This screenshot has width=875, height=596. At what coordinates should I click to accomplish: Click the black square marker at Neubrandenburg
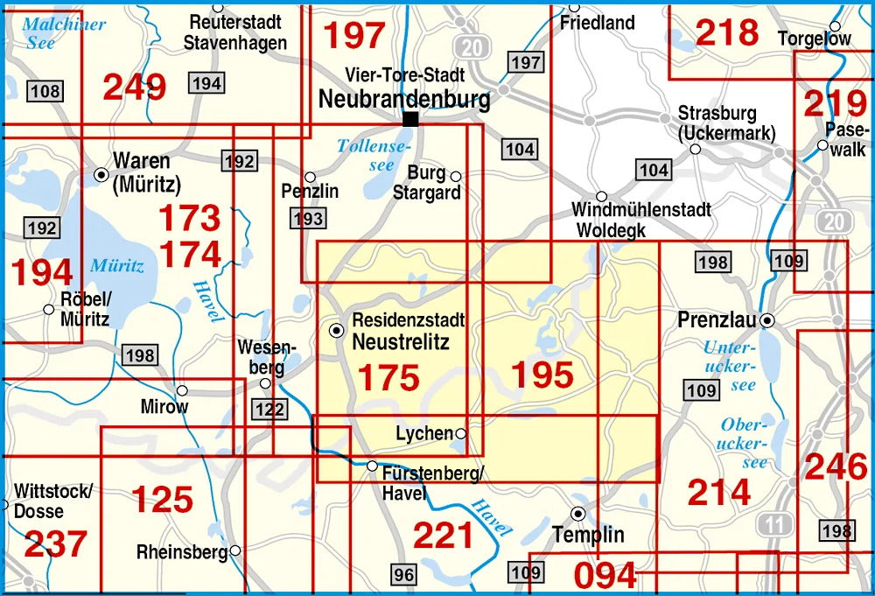pyautogui.click(x=409, y=118)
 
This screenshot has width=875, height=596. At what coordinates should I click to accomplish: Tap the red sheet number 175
pyautogui.click(x=389, y=377)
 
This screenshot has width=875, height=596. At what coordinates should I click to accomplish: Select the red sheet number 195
pyautogui.click(x=542, y=375)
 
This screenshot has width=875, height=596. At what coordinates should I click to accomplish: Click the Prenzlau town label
pyautogui.click(x=716, y=320)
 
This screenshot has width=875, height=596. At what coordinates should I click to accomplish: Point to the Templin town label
pyautogui.click(x=588, y=534)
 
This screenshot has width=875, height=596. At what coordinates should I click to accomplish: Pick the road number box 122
pyautogui.click(x=268, y=410)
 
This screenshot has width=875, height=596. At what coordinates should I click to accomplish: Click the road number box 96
pyautogui.click(x=403, y=575)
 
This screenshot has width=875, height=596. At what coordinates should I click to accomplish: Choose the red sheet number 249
pyautogui.click(x=134, y=87)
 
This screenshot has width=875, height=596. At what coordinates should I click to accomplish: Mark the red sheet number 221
pyautogui.click(x=443, y=535)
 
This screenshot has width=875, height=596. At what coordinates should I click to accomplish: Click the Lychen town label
pyautogui.click(x=424, y=433)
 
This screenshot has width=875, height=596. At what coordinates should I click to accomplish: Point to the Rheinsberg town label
pyautogui.click(x=182, y=552)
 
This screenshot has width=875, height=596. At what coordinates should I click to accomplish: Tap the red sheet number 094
pyautogui.click(x=605, y=576)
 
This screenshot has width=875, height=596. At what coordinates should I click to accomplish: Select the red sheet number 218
pyautogui.click(x=727, y=32)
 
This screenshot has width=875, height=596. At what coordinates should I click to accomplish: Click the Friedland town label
pyautogui.click(x=598, y=23)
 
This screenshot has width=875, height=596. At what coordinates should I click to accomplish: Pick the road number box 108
pyautogui.click(x=45, y=90)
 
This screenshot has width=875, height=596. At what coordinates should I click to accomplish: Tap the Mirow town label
pyautogui.click(x=164, y=407)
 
